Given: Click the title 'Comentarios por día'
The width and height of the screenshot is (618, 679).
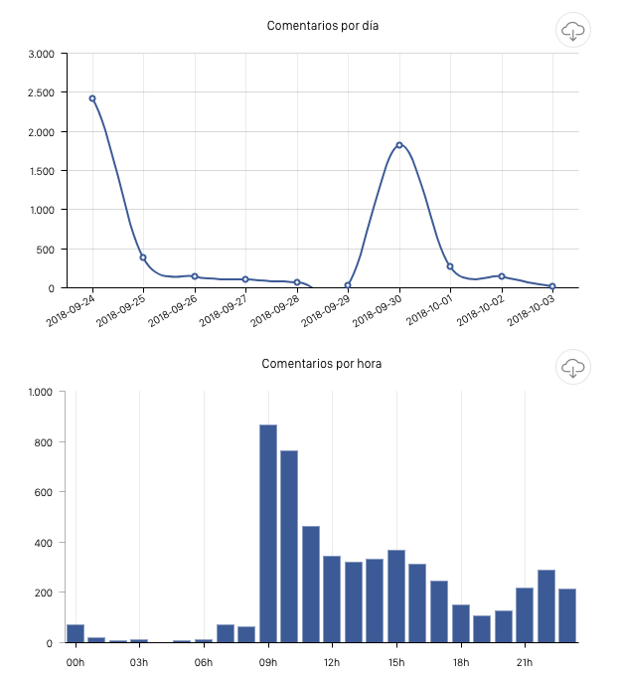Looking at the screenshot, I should (x=322, y=25).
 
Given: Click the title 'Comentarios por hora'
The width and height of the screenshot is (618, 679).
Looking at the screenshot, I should (x=322, y=364).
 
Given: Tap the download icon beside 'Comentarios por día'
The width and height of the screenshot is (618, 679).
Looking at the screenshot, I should (x=572, y=31).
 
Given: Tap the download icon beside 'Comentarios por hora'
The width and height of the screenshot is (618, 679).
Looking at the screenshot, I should (x=572, y=367).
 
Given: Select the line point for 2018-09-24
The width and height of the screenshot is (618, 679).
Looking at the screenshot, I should (x=92, y=98).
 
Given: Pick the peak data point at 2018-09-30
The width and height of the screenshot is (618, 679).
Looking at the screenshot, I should (x=399, y=145).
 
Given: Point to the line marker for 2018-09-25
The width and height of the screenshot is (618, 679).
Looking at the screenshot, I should (x=143, y=257).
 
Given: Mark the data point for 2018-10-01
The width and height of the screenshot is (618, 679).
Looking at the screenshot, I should (x=450, y=266).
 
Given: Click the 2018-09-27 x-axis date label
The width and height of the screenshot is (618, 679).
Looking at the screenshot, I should (x=225, y=310).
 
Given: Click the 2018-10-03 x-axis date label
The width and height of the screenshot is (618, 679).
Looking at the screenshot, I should (x=532, y=310).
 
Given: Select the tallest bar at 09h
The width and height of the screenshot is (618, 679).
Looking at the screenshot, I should (x=268, y=533).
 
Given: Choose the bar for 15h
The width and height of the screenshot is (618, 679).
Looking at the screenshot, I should (x=396, y=597).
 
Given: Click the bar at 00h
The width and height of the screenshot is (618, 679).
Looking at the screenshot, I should (x=76, y=633).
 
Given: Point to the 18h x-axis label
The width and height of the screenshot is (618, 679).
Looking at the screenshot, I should (x=460, y=662).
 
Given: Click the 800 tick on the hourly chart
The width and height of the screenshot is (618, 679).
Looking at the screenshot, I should (x=42, y=442).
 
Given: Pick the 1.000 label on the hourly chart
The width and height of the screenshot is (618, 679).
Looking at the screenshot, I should (x=40, y=392).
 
